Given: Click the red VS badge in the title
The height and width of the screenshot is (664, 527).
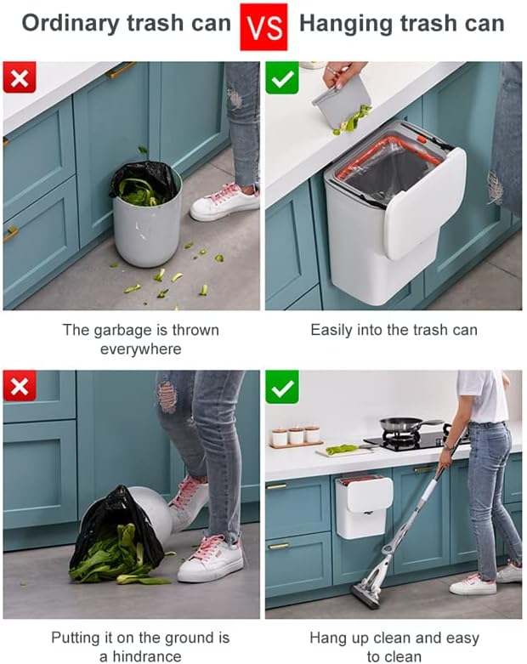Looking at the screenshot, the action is (x=263, y=27).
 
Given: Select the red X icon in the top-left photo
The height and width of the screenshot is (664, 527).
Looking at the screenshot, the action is (x=20, y=77).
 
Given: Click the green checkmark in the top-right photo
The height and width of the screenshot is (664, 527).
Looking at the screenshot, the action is (x=282, y=78).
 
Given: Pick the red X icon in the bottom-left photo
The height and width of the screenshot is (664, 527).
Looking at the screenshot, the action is (x=20, y=386).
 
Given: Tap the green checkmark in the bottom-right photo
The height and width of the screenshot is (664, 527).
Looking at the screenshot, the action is (x=282, y=387).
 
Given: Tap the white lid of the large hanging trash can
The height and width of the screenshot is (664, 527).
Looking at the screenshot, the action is (x=424, y=202).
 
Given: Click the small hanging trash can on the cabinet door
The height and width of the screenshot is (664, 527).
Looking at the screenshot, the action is (x=364, y=507).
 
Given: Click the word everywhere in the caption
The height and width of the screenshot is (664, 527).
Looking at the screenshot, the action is (x=140, y=349).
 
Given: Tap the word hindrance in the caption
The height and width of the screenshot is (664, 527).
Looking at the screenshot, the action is (x=146, y=656).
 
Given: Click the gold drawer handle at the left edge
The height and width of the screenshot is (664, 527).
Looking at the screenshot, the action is (x=10, y=233).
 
